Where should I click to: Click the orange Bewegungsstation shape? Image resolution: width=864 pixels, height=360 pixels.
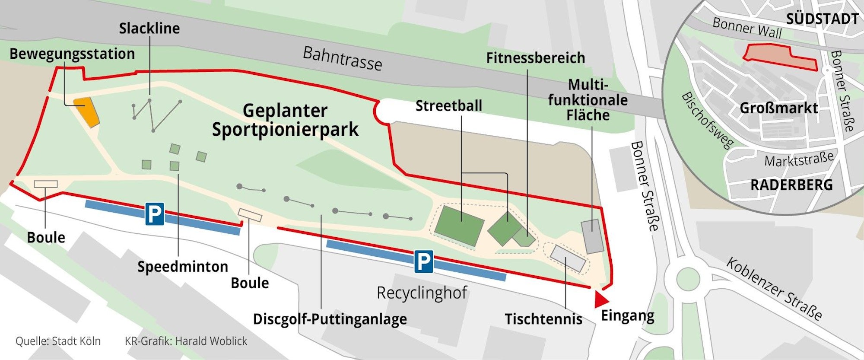coord(86,112)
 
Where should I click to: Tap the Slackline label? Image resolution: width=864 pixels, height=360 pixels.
coord(149,29)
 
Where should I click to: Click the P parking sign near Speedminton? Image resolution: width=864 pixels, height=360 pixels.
coord(154,214)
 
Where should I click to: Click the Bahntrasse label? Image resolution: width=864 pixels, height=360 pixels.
coord(342,58)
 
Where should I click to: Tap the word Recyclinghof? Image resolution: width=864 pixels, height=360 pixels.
coord(422,293)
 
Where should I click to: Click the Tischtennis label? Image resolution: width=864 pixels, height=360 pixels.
coord(543,319)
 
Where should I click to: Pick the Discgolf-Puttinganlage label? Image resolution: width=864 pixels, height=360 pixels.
coord(330,319)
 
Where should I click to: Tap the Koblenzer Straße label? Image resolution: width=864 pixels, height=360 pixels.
coord(774,289)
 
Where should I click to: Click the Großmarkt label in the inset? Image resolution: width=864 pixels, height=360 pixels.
coord(778,108)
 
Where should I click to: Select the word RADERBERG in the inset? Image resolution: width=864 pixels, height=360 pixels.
coord(791,185)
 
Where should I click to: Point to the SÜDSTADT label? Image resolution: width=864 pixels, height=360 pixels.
coord(822,19)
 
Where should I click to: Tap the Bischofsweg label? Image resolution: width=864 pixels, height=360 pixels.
coord(707,120)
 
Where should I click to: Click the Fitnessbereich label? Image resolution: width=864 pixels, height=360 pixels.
coord(535,58)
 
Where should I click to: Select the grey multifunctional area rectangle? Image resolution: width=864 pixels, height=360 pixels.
coord(592,236)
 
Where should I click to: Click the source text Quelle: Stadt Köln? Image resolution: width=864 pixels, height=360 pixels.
coord(58,341)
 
